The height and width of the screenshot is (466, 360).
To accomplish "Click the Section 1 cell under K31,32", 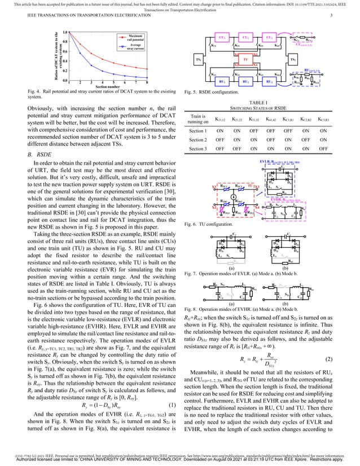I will coord(252,130).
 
